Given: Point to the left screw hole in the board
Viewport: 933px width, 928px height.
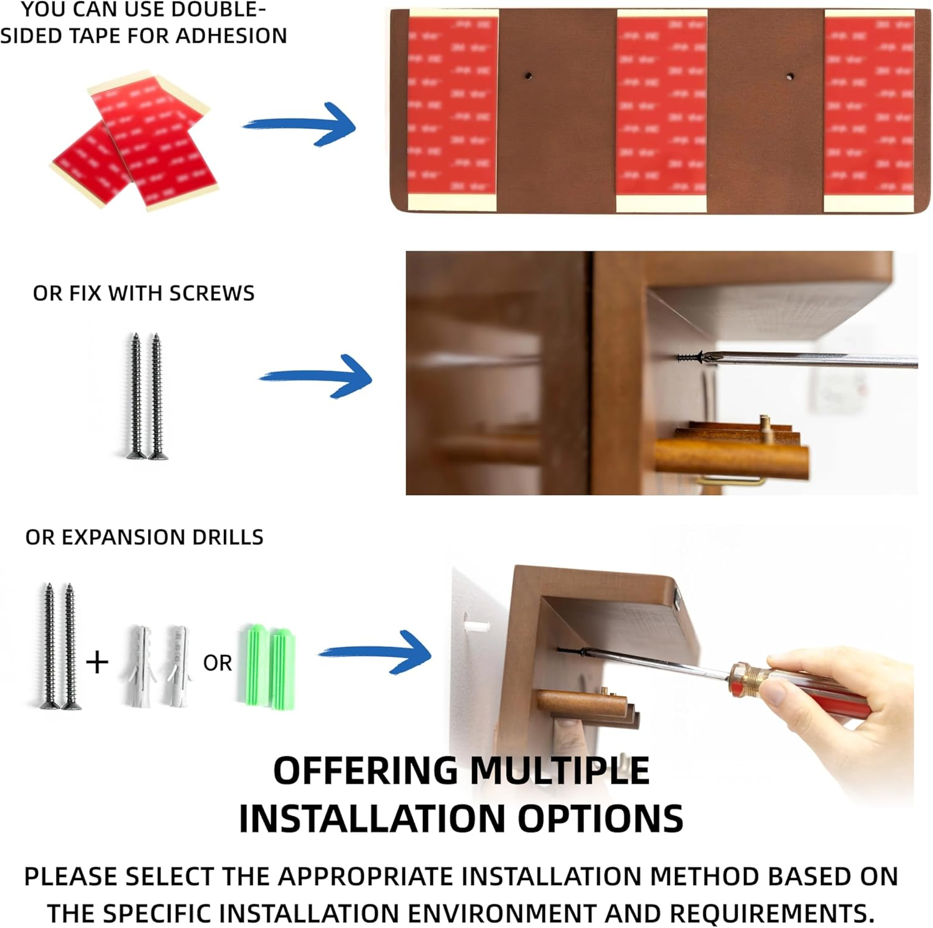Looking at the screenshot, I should pyautogui.click(x=527, y=76).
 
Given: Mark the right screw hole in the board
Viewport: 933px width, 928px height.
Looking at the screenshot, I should pyautogui.click(x=789, y=77).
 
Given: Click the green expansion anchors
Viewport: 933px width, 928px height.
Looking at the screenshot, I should pyautogui.click(x=266, y=666).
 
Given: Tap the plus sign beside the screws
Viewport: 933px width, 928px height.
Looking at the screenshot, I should pyautogui.click(x=97, y=662).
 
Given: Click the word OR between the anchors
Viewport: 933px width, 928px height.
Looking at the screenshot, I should pyautogui.click(x=217, y=663).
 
